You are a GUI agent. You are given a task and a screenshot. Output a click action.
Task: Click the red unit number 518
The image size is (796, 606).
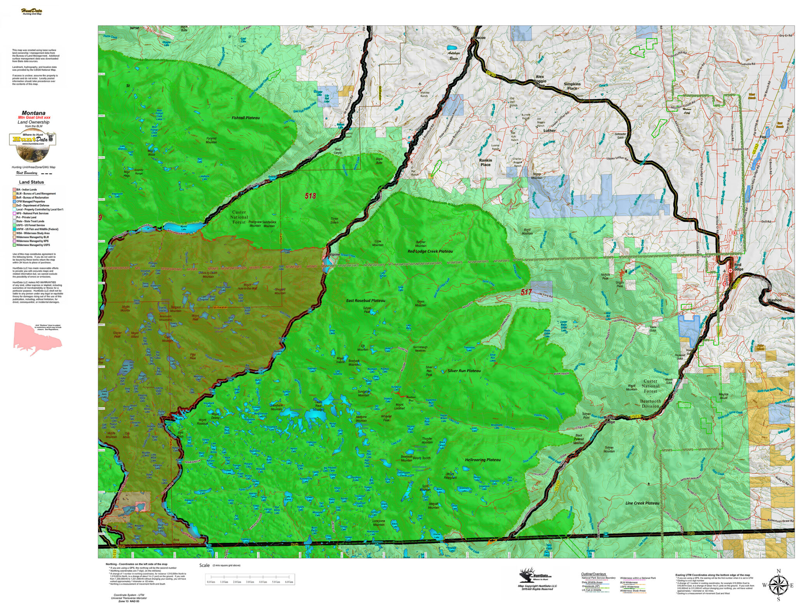coord(310,196)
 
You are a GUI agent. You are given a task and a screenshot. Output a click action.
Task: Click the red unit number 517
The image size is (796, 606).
coord(526,292)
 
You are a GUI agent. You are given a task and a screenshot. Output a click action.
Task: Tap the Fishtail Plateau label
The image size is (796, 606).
coord(246,118)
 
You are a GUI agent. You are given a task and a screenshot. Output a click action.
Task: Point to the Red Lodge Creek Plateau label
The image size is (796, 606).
coord(430,251)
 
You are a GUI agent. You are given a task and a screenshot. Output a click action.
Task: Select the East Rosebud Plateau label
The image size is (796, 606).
coord(366,301)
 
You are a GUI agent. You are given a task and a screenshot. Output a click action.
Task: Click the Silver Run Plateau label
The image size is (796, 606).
coord(464,371)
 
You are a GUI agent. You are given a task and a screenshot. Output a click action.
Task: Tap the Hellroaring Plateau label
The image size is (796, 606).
coord(483,460)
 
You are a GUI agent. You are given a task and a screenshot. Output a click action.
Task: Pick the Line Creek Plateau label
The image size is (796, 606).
coord(642,503)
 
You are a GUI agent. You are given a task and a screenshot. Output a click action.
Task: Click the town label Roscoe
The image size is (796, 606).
coord(479,38)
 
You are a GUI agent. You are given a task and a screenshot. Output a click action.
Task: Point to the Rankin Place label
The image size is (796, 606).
coord(485,162)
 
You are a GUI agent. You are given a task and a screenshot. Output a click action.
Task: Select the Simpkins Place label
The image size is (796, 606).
coord(572,86)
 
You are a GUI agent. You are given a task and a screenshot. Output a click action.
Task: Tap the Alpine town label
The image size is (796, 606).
coord(334,254)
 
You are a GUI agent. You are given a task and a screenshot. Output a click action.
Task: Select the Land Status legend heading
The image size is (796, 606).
coord(31,182)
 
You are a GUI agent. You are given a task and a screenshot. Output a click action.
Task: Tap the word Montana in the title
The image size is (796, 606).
coord(33,113)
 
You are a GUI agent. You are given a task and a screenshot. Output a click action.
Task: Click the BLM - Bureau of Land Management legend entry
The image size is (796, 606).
coord(36,193)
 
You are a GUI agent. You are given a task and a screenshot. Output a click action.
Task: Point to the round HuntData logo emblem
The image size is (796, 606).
coord(33,147)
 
